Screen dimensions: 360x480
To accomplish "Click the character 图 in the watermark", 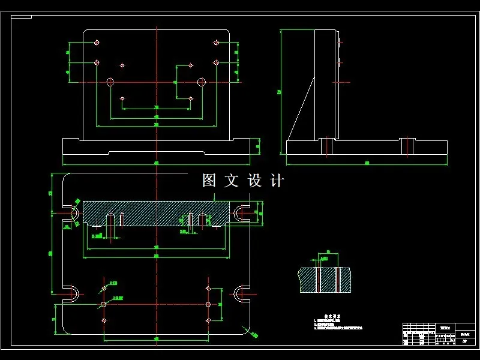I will [x=209, y=181].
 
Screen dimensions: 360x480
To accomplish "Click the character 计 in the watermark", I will [x=277, y=181].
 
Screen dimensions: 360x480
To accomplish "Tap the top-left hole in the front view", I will [x=97, y=43].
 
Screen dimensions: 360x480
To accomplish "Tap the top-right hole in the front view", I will [x=216, y=43].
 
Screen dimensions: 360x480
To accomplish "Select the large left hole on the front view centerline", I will [x=110, y=82].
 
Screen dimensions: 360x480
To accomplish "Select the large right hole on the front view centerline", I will [x=202, y=82].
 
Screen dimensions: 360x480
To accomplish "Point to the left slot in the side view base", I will [x=326, y=146].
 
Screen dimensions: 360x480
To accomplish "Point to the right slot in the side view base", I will [x=408, y=146].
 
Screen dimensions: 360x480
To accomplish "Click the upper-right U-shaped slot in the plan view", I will [x=240, y=213].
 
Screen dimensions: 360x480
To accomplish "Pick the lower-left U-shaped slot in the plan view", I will [x=73, y=293].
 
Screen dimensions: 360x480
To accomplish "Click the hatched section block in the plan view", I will [x=156, y=213].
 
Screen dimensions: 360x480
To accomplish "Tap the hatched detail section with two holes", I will [x=325, y=280].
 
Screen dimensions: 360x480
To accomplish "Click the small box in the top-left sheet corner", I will [x=21, y=17].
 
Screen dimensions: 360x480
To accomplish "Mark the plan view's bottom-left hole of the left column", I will [x=104, y=320].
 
